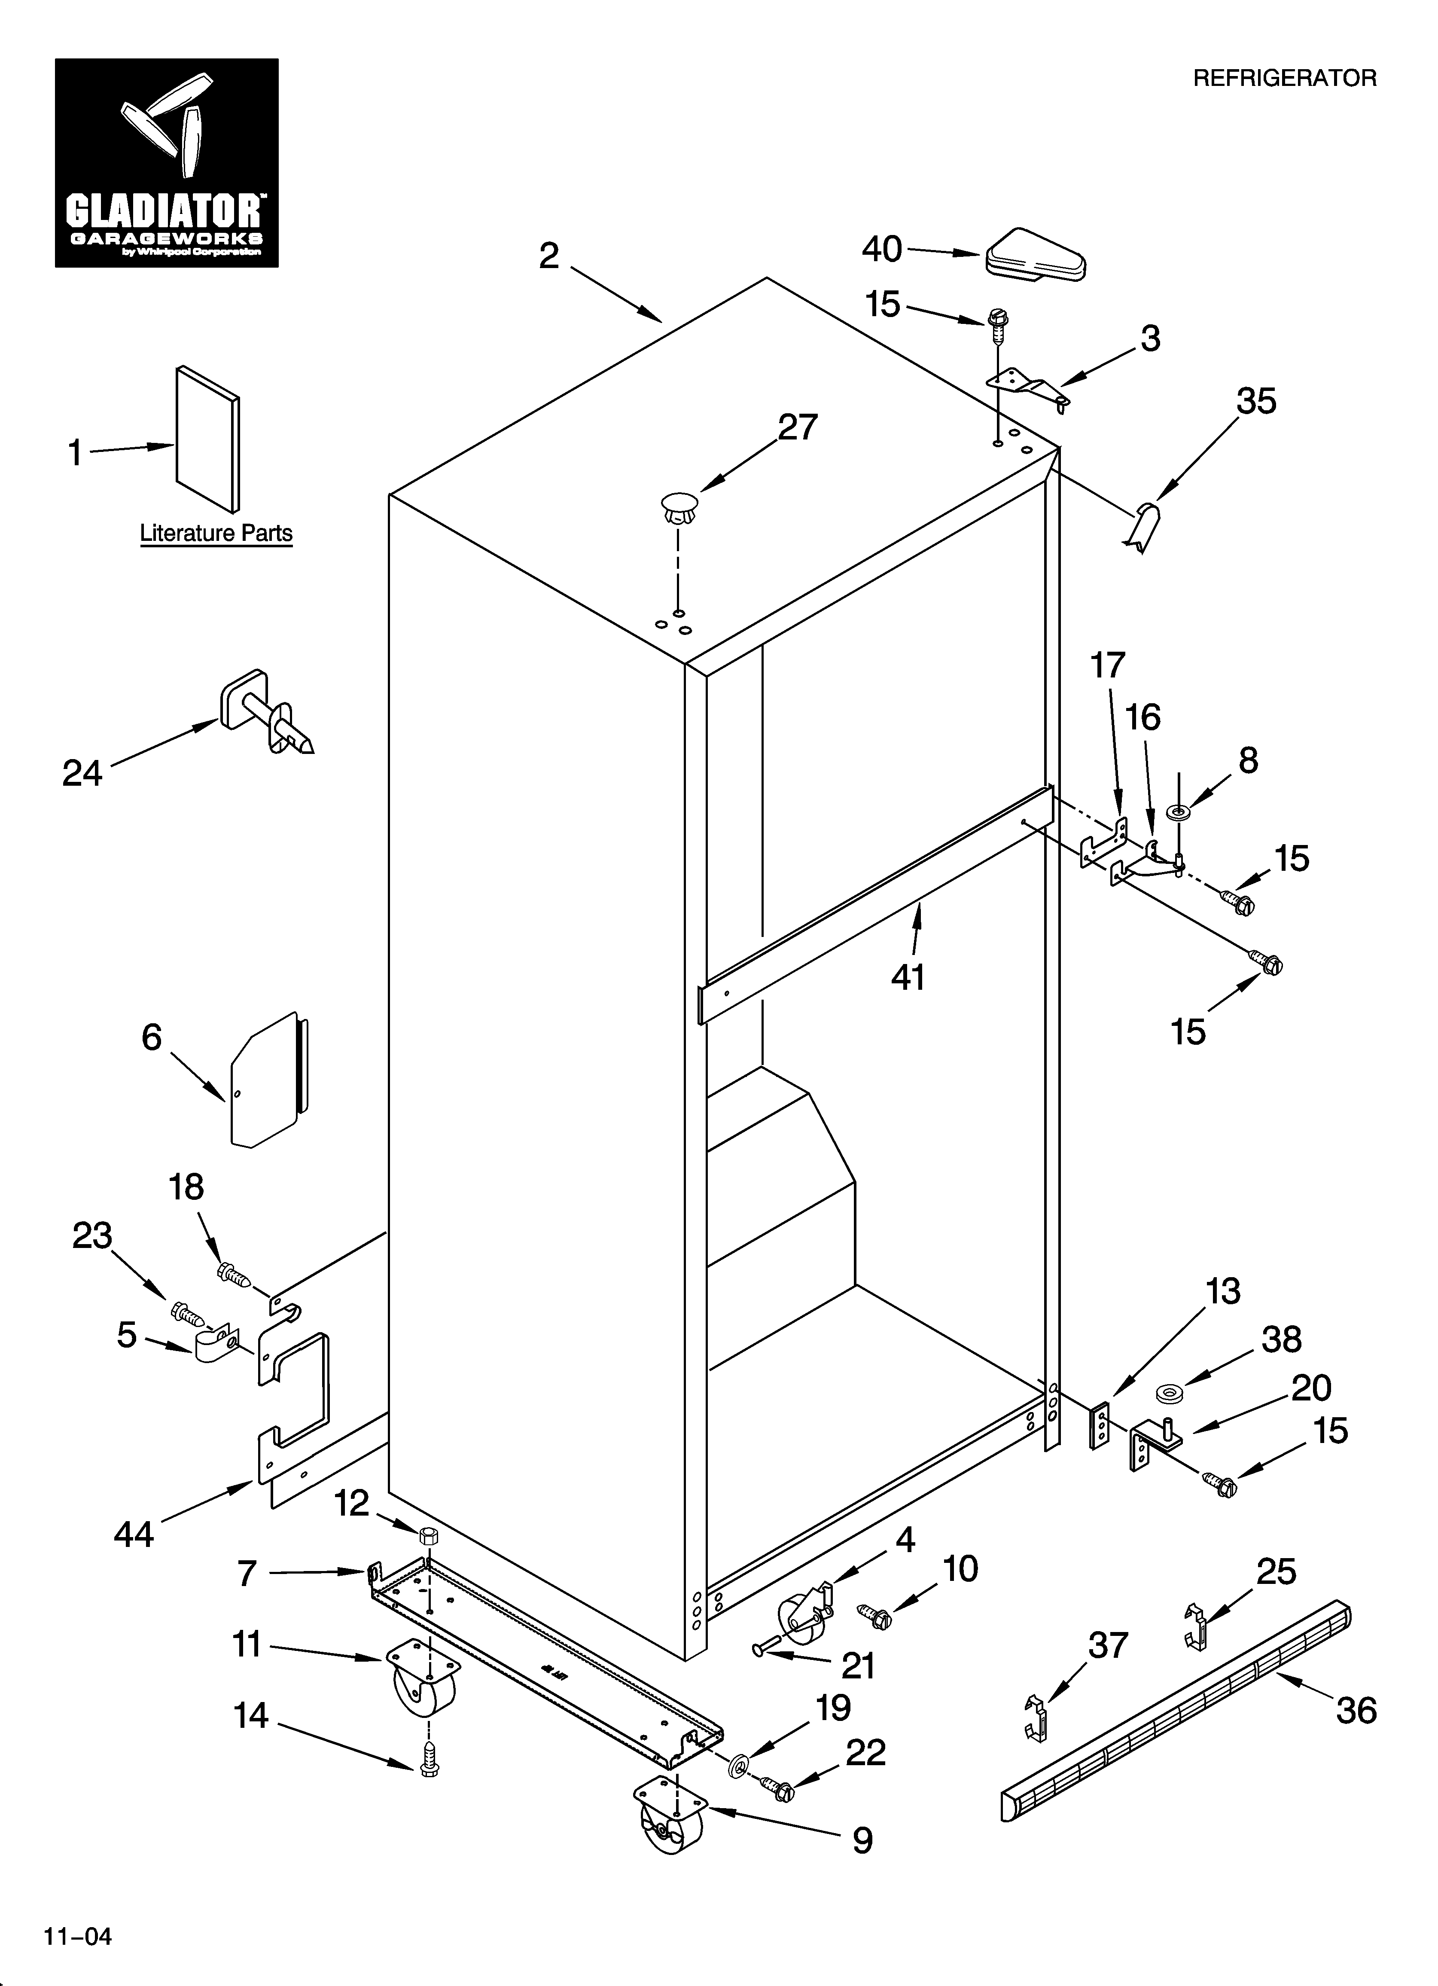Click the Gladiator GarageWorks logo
tap(166, 163)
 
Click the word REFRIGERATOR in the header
tap(1285, 79)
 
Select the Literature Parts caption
tap(216, 533)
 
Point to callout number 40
tap(882, 250)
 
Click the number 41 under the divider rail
tap(908, 976)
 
